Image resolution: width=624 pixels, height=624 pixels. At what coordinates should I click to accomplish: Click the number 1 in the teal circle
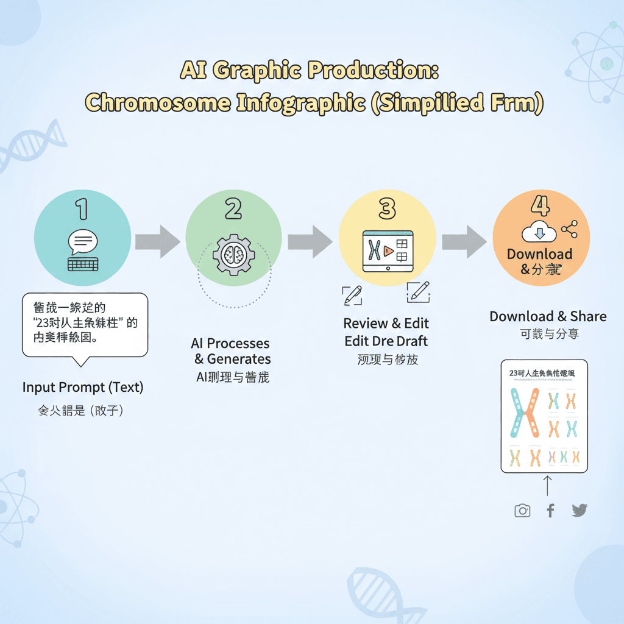(82, 208)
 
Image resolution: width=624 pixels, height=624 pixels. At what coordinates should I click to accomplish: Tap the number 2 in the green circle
(233, 208)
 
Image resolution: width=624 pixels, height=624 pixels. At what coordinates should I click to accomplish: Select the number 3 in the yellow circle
(387, 208)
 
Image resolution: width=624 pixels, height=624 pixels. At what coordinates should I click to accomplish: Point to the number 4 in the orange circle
(540, 206)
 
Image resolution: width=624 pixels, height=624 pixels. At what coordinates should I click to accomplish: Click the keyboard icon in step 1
(82, 264)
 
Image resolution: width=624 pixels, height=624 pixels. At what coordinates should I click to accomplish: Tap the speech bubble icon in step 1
(83, 243)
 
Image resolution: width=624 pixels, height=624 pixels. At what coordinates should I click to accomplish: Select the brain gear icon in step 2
(233, 254)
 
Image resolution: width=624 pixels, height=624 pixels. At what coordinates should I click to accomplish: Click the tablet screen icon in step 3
(387, 251)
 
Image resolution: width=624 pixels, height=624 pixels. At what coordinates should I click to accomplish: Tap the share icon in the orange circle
(569, 230)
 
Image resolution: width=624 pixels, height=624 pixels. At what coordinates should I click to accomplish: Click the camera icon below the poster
(522, 511)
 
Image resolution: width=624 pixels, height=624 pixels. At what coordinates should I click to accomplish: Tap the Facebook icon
(550, 511)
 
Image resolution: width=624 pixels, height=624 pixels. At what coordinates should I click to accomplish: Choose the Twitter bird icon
(580, 511)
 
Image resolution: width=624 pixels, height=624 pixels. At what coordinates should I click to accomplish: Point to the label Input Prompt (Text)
(83, 387)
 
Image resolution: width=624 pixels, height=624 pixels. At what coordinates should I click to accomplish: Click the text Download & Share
(548, 316)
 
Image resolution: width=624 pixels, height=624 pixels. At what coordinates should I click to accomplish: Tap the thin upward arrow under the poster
(547, 486)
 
